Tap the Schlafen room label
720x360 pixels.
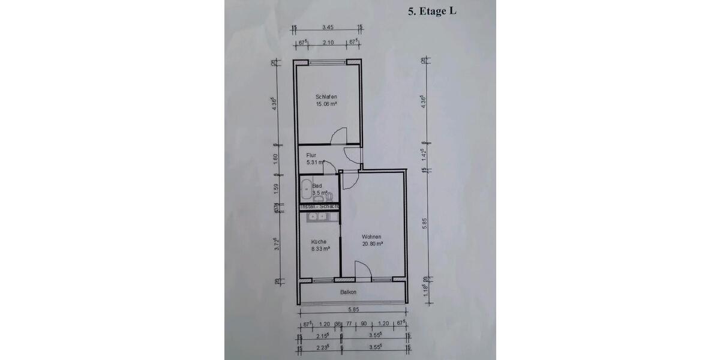pos(326,97)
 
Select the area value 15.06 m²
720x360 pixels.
pos(326,104)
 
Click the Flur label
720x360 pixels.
pos(311,155)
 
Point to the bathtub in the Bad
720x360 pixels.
pos(305,190)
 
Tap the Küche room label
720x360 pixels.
pos(318,242)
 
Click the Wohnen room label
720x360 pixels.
pos(372,236)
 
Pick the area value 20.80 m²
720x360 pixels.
pos(373,244)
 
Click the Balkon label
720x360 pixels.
pos(348,292)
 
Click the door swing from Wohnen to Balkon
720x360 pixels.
pos(363,270)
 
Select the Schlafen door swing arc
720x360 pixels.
pos(340,136)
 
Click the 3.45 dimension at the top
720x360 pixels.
pos(327,27)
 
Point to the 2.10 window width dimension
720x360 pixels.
pos(328,43)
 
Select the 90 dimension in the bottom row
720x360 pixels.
pos(363,324)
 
